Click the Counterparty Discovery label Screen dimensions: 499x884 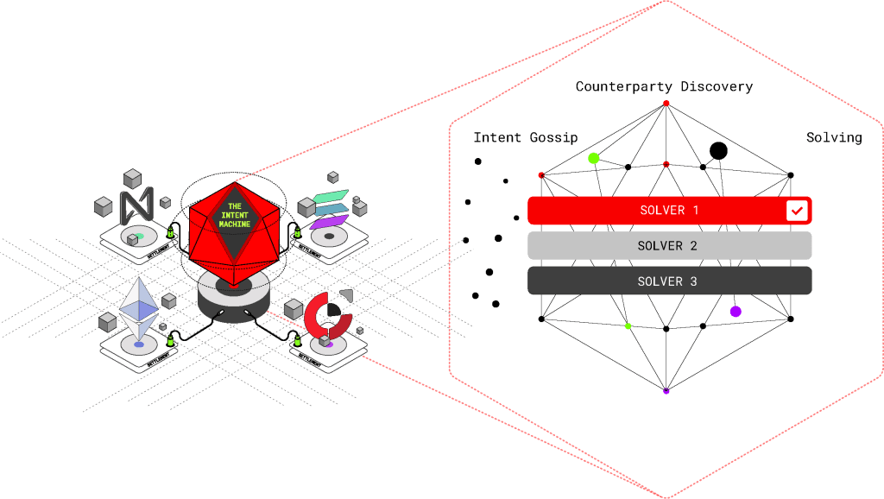pyautogui.click(x=664, y=86)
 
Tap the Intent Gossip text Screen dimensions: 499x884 pyautogui.click(x=525, y=137)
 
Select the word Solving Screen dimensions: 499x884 pyautogui.click(x=833, y=137)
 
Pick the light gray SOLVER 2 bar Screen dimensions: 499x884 pyautogui.click(x=669, y=246)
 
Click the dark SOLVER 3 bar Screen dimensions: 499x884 pyautogui.click(x=669, y=281)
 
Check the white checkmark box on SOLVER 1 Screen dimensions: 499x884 pyautogui.click(x=796, y=211)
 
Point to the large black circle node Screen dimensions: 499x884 pyautogui.click(x=718, y=151)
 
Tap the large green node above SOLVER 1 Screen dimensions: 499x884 pyautogui.click(x=593, y=158)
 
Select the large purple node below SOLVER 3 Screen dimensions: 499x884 pyautogui.click(x=736, y=311)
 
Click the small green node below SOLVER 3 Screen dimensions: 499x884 pyautogui.click(x=628, y=325)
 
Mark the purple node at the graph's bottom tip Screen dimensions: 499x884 pyautogui.click(x=666, y=391)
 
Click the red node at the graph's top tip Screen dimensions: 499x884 pyautogui.click(x=666, y=104)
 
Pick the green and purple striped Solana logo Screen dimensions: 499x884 pyautogui.click(x=327, y=208)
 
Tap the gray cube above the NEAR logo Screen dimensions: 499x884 pyautogui.click(x=132, y=179)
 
